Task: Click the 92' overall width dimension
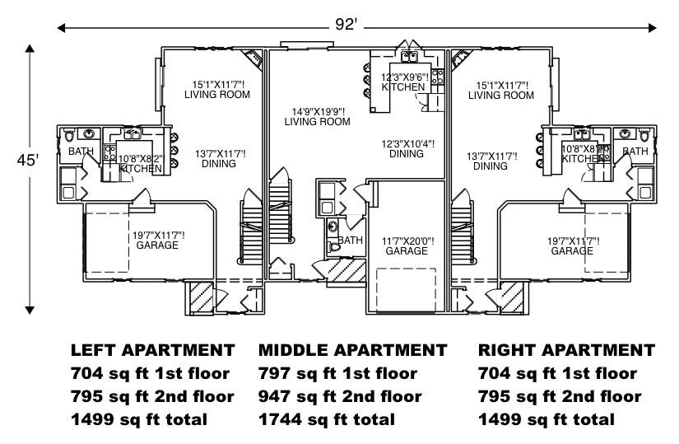pyautogui.click(x=345, y=25)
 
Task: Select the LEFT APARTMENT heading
pyautogui.click(x=152, y=350)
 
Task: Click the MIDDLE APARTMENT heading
pyautogui.click(x=352, y=350)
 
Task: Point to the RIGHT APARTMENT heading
pyautogui.click(x=566, y=350)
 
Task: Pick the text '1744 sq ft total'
pyautogui.click(x=326, y=419)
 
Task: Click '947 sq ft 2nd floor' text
pyautogui.click(x=339, y=396)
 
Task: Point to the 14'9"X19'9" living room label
pyautogui.click(x=317, y=116)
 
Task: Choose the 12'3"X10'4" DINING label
pyautogui.click(x=407, y=148)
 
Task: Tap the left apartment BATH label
pyautogui.click(x=81, y=152)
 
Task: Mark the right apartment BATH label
pyautogui.click(x=635, y=152)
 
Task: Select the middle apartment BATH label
pyautogui.click(x=350, y=241)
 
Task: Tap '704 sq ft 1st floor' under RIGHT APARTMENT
pyautogui.click(x=557, y=373)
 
